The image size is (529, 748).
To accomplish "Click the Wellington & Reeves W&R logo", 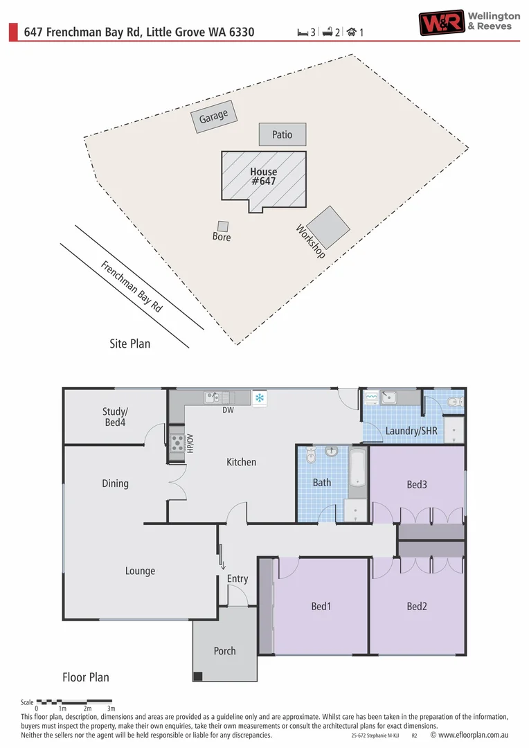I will (440, 22).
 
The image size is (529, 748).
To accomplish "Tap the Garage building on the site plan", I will (213, 117).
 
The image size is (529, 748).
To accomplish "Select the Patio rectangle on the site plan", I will (283, 134).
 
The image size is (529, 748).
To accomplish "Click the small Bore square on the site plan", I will (222, 226).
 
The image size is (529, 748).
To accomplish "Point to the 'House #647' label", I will (263, 177).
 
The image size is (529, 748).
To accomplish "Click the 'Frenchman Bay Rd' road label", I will (132, 287).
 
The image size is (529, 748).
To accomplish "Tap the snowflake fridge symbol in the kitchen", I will (260, 398).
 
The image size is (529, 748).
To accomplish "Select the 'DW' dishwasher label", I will (228, 410).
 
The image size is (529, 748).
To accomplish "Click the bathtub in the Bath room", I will (357, 469).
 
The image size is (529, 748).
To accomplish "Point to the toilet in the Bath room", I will (311, 455).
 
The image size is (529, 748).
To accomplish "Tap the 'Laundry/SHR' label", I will (411, 431).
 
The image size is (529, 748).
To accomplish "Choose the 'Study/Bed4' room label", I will (114, 416).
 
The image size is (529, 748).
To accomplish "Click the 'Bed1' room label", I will (321, 607).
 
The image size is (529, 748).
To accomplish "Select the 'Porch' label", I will (224, 651).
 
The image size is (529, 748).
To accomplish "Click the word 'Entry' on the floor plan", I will (237, 579).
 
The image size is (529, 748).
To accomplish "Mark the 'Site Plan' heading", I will (129, 344).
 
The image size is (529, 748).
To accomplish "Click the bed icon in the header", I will (303, 32).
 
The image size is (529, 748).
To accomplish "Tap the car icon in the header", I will (352, 32).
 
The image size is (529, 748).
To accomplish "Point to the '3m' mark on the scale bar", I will (111, 709).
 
